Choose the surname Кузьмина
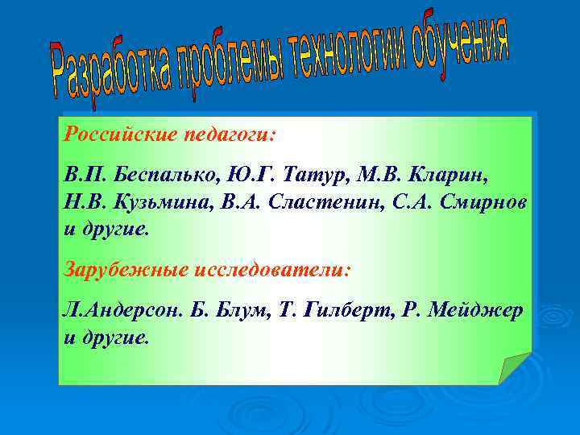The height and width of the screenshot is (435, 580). pos(147,202)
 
